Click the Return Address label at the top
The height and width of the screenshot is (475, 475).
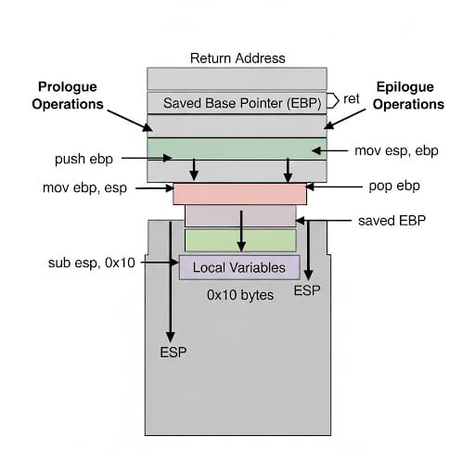point(237,58)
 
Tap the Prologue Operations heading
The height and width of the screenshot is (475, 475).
point(68,96)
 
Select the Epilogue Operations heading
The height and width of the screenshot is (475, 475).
point(408,96)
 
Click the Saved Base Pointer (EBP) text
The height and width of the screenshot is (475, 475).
point(242,103)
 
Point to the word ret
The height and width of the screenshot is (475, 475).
point(352,99)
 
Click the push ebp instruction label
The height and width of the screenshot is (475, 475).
point(83,159)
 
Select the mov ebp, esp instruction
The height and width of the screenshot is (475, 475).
point(84,187)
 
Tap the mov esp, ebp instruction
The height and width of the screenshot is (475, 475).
point(396,150)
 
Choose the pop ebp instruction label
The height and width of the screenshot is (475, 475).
point(394,186)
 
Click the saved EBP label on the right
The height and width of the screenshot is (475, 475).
point(392,221)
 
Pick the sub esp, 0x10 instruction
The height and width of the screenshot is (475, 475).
point(92,263)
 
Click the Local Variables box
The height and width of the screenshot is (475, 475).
point(239,267)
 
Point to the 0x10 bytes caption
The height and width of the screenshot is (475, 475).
point(240,295)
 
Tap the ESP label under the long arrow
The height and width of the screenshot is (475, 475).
point(173,353)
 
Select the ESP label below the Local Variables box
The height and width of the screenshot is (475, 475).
point(307,290)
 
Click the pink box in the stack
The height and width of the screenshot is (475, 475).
point(239,194)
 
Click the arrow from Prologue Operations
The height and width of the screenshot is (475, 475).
point(130,121)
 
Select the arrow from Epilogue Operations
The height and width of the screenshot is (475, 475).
point(344,119)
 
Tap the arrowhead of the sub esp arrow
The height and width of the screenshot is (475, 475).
point(174,263)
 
